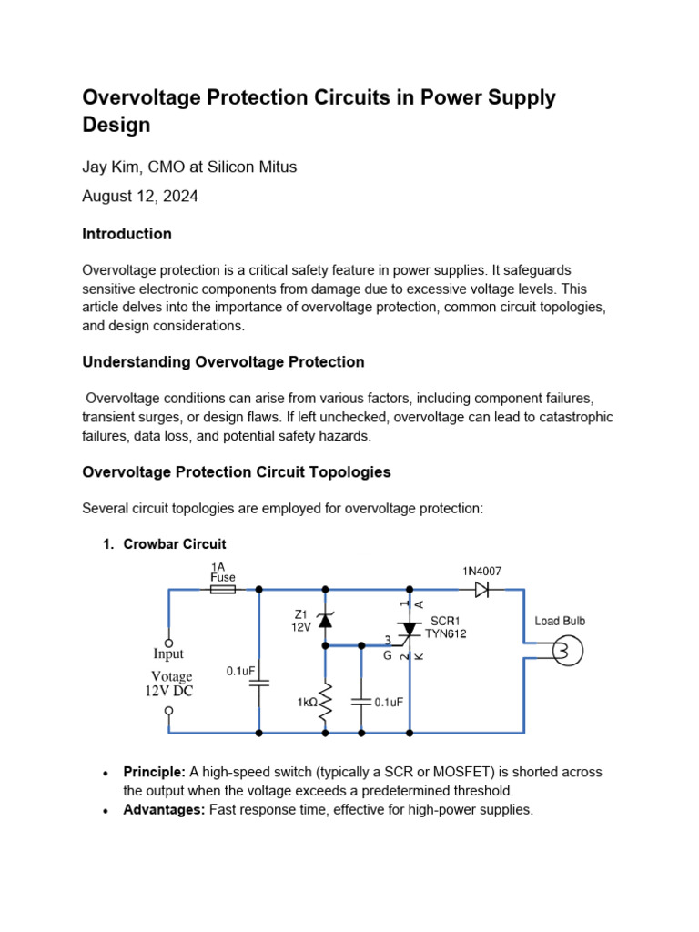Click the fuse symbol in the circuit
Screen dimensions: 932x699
point(223,590)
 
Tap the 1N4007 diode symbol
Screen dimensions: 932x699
point(481,590)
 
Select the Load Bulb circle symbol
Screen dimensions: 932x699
point(562,651)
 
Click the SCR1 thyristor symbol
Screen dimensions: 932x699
point(410,630)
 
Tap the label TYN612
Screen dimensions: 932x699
point(445,633)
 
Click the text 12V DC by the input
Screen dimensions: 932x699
point(169,691)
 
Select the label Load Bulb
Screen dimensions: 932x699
point(560,621)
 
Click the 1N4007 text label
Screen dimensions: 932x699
point(481,571)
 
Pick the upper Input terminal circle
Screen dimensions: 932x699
point(168,643)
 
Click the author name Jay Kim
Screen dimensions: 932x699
point(113,167)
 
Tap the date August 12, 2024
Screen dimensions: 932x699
point(140,196)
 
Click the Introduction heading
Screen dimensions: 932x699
point(127,234)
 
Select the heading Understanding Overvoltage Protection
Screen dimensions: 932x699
point(223,361)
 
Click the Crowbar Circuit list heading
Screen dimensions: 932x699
point(175,544)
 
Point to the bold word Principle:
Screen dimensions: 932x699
point(154,772)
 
